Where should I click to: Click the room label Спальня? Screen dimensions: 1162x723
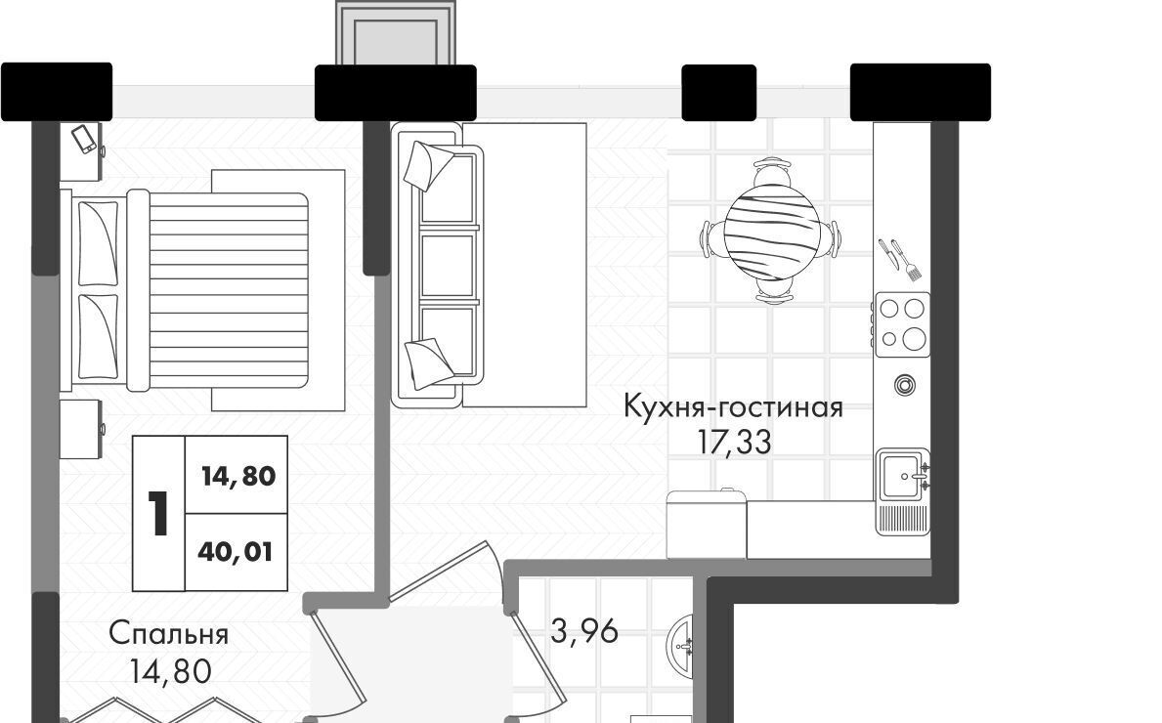[x=168, y=635]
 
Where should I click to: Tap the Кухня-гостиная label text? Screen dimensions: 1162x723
[x=733, y=407]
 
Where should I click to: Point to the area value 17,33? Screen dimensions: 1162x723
[x=734, y=443]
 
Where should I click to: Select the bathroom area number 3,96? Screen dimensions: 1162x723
[x=584, y=631]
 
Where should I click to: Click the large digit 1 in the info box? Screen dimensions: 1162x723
[x=158, y=513]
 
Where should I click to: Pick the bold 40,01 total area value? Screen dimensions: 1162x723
[x=236, y=552]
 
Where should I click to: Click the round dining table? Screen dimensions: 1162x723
[x=771, y=232]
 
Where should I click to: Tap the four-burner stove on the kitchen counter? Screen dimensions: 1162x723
[x=903, y=324]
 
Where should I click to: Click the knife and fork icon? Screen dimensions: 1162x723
[x=900, y=259]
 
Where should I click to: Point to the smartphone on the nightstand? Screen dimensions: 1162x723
[x=84, y=140]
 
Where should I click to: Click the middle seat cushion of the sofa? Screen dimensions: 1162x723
[x=448, y=265]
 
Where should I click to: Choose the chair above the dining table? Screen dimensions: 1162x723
[x=771, y=173]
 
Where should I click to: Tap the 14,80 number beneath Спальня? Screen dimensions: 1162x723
[x=170, y=671]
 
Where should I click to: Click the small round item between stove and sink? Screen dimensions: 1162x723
[x=904, y=385]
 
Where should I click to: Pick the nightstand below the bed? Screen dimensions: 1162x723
[x=81, y=429]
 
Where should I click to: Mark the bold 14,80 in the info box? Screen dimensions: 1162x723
[x=238, y=476]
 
